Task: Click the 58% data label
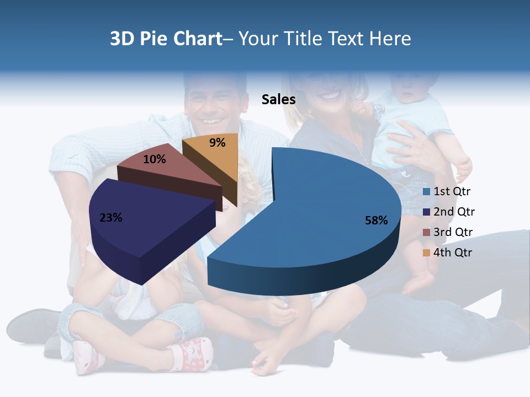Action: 376,221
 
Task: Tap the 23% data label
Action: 110,218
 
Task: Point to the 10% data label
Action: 154,159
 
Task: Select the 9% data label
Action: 218,143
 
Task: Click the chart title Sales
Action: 278,99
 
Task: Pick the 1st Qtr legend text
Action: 452,192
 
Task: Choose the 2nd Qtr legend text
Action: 454,212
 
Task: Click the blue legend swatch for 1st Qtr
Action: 426,192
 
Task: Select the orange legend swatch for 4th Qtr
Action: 426,253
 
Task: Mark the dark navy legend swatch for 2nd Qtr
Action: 426,212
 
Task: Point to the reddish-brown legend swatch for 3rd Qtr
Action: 426,232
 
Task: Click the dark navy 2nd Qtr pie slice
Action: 144,221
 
